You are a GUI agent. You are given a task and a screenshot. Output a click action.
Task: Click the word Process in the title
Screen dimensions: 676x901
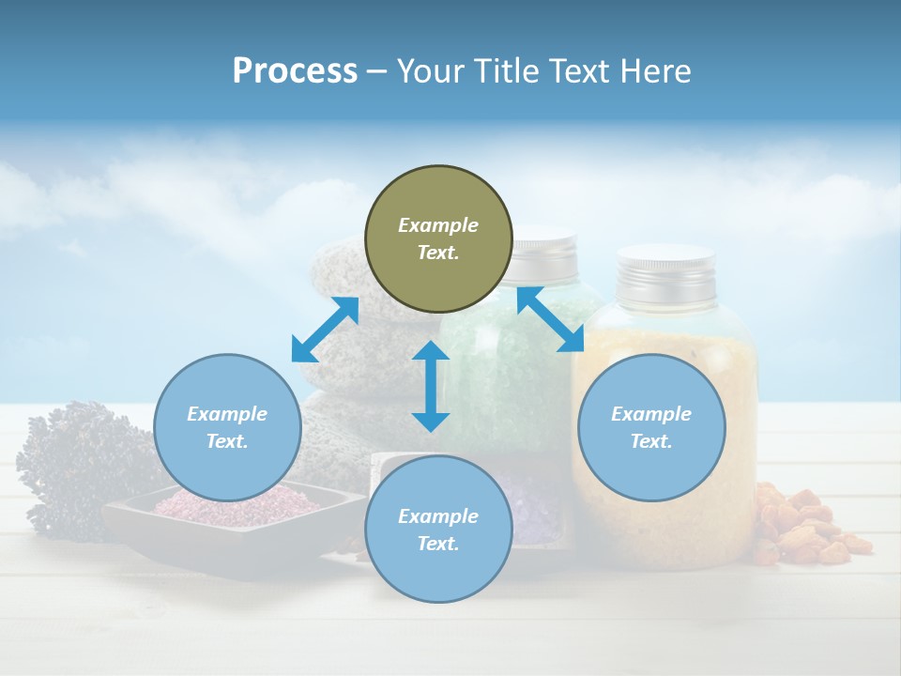point(295,71)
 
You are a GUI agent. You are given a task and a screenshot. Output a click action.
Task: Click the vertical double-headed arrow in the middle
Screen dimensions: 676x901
point(431,386)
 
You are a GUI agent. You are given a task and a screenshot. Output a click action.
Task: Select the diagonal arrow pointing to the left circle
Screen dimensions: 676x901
point(325,330)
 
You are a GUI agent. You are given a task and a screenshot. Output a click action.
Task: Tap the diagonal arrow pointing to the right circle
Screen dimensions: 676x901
point(551,319)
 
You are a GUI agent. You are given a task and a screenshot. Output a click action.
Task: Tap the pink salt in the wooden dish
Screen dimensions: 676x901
point(235,505)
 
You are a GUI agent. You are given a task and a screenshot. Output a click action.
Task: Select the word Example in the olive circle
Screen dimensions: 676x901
point(438,225)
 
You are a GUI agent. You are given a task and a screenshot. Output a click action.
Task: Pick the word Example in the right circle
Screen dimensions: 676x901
point(651,414)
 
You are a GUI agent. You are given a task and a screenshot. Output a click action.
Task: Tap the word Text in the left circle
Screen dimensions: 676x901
point(226,441)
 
